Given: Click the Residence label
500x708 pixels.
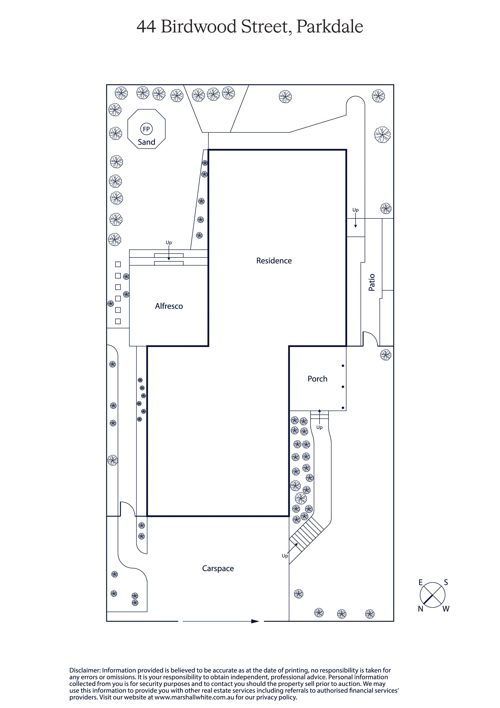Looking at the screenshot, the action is click(x=274, y=261).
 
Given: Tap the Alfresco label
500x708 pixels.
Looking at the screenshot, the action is click(x=169, y=306).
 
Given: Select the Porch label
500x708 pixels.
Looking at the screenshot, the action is click(x=317, y=379).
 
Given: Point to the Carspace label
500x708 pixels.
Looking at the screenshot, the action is click(x=218, y=569).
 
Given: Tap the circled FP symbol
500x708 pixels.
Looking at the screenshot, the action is click(x=146, y=129).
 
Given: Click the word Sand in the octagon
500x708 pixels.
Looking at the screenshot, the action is click(x=146, y=142).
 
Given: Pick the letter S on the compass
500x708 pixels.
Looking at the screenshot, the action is click(x=446, y=582).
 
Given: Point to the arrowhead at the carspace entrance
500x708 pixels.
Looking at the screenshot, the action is click(x=255, y=621).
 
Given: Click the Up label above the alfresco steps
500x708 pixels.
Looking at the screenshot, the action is click(x=169, y=243).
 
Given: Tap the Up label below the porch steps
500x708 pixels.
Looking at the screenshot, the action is click(x=319, y=427).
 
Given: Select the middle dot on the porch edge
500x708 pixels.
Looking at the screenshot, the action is click(x=343, y=387).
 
